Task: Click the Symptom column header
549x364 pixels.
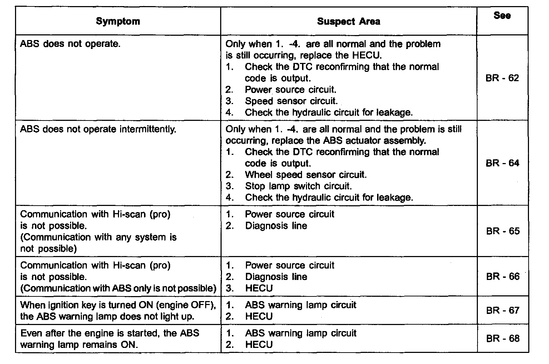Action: [118, 21]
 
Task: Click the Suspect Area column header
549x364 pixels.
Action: [348, 21]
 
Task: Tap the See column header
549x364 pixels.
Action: [502, 16]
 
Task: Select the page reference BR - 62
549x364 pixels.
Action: [502, 78]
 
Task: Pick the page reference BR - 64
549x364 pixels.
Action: [502, 163]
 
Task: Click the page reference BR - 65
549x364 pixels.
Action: [503, 231]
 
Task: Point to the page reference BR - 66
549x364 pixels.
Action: [503, 277]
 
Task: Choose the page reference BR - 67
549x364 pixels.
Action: [503, 310]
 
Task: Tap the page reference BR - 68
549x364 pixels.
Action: [503, 339]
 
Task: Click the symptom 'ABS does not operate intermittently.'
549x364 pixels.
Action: [98, 129]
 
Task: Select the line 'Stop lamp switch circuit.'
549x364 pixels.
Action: [298, 186]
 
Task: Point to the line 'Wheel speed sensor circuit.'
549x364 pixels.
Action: [306, 175]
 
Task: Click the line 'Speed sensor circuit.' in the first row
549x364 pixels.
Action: [291, 101]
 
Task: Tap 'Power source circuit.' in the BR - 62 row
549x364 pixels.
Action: [291, 90]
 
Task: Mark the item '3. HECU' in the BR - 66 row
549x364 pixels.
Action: [259, 288]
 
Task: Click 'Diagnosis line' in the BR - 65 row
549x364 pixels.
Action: [276, 226]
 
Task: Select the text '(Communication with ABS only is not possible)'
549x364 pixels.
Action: [118, 288]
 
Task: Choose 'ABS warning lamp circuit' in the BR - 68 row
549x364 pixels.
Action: [301, 333]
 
